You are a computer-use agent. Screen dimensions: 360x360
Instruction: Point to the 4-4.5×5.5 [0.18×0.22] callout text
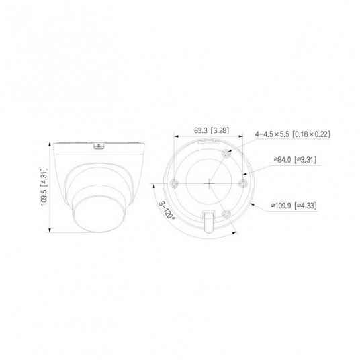tap(293, 134)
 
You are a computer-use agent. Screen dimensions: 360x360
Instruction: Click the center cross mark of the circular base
tap(210, 181)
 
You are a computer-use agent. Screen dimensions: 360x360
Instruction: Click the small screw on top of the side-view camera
tap(100, 143)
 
